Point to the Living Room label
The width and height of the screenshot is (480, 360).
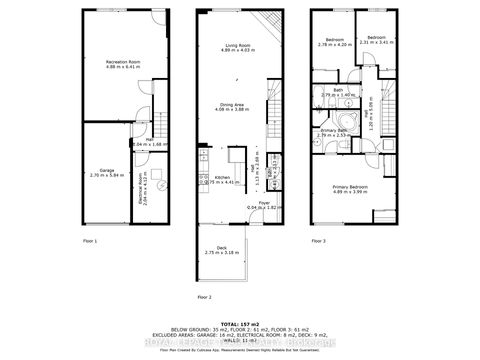(x=238, y=47)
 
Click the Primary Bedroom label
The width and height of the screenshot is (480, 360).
(x=349, y=189)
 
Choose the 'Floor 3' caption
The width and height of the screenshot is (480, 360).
(x=320, y=241)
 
